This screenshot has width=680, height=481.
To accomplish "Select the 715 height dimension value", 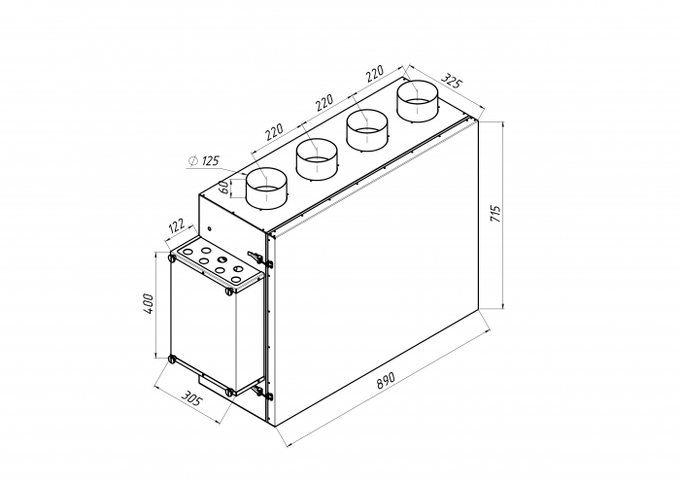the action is (495, 214).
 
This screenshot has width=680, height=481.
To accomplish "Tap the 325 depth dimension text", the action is (452, 81).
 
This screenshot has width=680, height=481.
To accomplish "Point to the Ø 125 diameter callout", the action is (204, 161).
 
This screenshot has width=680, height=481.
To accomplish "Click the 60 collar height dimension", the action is (223, 188).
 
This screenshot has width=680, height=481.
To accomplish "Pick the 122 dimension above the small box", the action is (176, 226).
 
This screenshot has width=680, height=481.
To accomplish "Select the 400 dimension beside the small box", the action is (148, 303).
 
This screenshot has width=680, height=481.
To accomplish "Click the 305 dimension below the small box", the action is (190, 398).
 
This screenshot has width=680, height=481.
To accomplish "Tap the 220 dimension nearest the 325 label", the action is (375, 73).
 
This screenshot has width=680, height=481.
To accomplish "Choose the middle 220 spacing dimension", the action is (324, 102).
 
